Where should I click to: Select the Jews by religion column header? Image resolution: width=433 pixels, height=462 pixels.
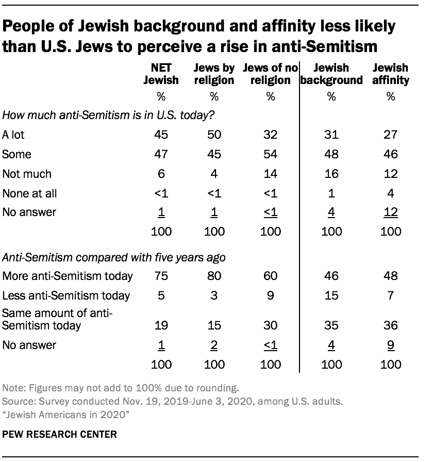(214, 74)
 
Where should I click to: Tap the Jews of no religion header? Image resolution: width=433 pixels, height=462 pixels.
(270, 74)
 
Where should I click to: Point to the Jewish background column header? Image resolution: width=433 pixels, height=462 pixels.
(331, 74)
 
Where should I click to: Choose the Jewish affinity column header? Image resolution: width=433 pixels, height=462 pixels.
(390, 74)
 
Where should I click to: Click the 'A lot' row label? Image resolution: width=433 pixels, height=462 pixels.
(14, 135)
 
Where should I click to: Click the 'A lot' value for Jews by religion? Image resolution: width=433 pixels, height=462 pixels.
(214, 135)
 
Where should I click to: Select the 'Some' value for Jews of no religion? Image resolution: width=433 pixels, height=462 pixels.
(270, 155)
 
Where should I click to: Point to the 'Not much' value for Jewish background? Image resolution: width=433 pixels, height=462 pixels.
(331, 174)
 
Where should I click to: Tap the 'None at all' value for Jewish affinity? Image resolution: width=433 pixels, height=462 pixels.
(390, 194)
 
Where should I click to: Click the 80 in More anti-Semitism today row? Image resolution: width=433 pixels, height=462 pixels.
(214, 276)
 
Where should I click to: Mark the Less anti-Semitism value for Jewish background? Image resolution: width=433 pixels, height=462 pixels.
(331, 295)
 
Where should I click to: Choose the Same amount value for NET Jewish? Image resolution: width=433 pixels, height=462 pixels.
(161, 325)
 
